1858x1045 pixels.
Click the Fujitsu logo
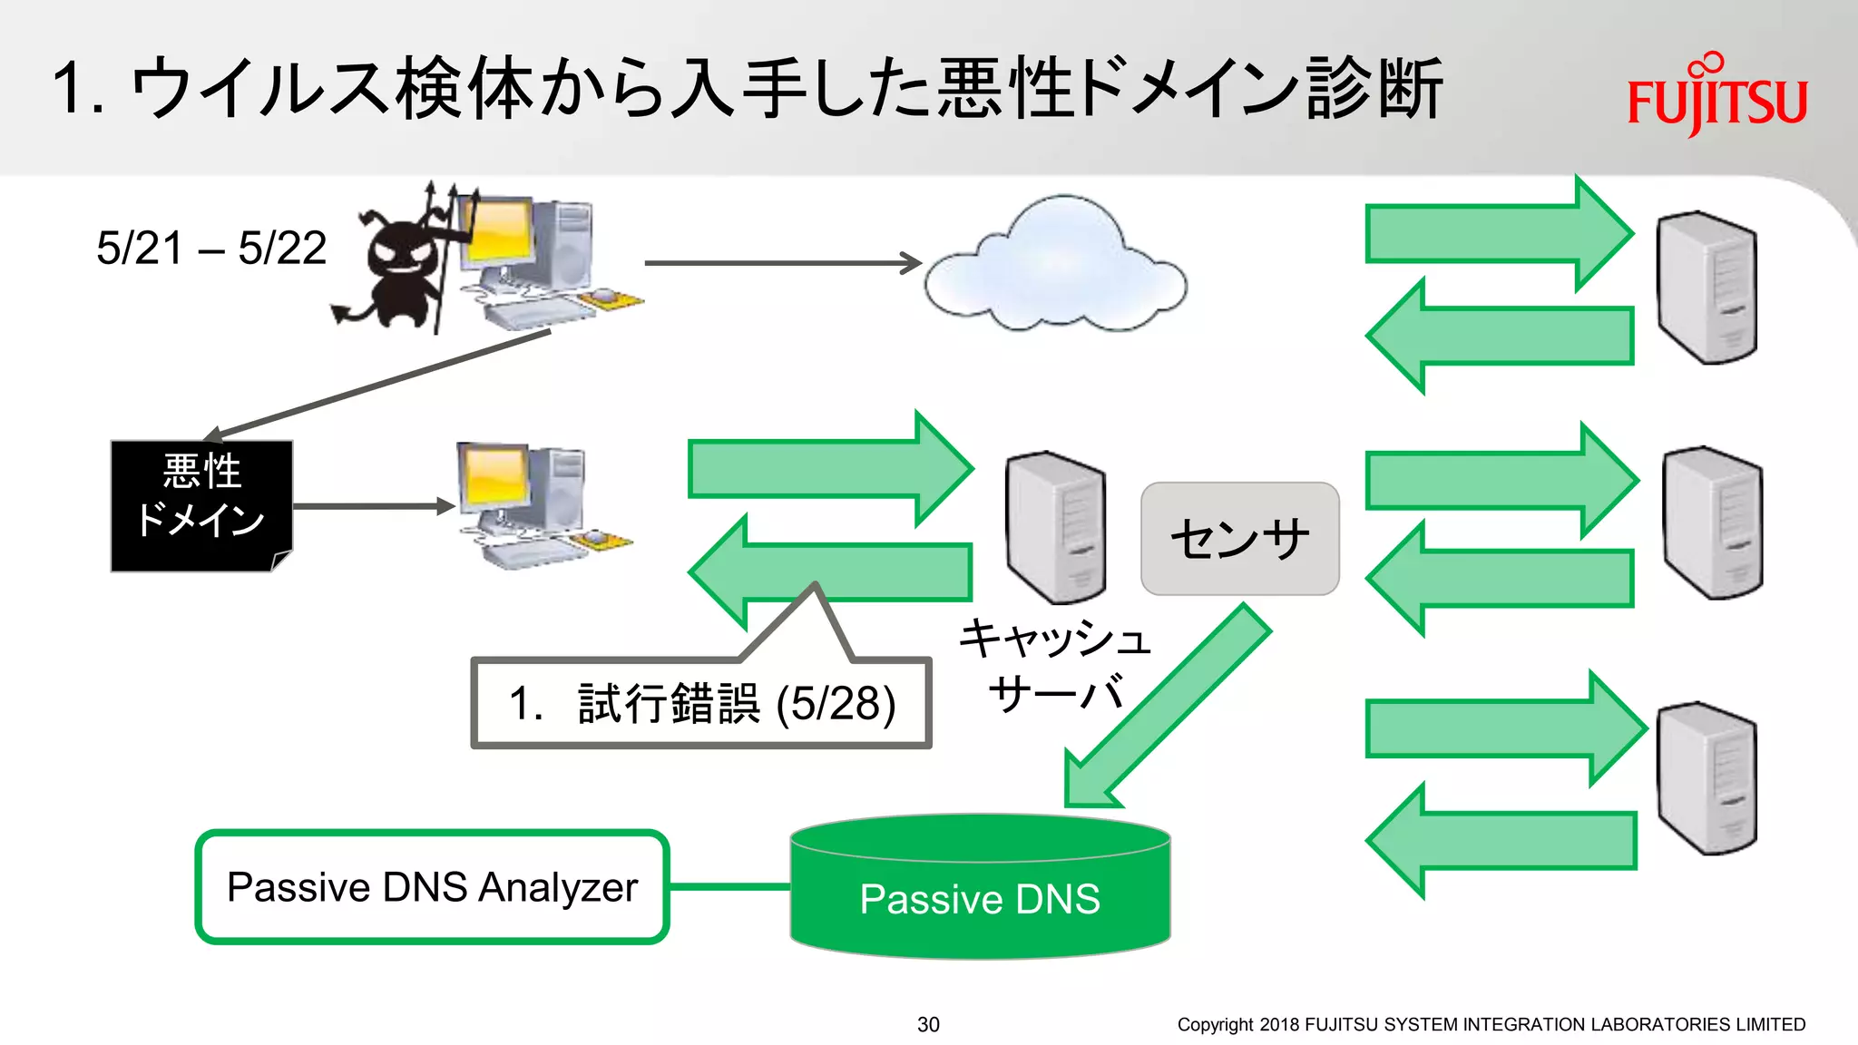pyautogui.click(x=1716, y=98)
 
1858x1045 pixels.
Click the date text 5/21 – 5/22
pyautogui.click(x=211, y=248)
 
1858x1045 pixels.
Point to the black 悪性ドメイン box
pyautogui.click(x=201, y=505)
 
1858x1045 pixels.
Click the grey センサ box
pyautogui.click(x=1239, y=538)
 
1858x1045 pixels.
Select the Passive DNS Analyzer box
pyautogui.click(x=432, y=886)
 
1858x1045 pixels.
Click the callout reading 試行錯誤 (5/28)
pyautogui.click(x=701, y=703)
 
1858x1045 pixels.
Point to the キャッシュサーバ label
pyautogui.click(x=1055, y=665)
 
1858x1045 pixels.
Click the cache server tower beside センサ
pyautogui.click(x=1055, y=526)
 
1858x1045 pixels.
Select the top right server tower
pyautogui.click(x=1706, y=288)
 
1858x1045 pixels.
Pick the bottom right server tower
pyautogui.click(x=1706, y=777)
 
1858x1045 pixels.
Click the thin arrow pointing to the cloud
pyautogui.click(x=780, y=263)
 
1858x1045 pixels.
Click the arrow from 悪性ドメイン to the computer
pyautogui.click(x=372, y=506)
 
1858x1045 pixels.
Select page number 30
pyautogui.click(x=928, y=1024)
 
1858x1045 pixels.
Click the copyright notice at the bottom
pyautogui.click(x=1491, y=1024)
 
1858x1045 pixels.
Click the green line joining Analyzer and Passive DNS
pyautogui.click(x=729, y=886)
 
